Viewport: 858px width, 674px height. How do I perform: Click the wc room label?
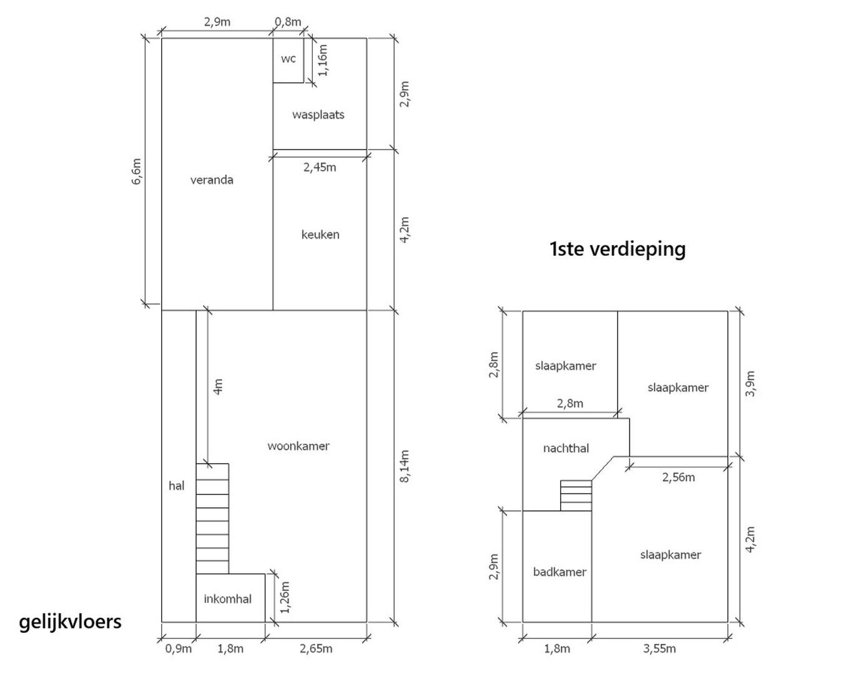coord(288,59)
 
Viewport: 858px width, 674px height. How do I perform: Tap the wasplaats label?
coord(318,115)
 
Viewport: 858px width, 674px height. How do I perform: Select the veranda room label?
coord(212,180)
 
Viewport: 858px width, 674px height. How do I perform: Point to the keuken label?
coord(320,235)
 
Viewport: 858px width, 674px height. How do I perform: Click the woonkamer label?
coord(298,446)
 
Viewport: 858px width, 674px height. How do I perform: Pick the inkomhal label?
coord(227,599)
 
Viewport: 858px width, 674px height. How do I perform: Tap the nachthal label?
coord(566,448)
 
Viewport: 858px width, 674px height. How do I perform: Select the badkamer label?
coord(560,572)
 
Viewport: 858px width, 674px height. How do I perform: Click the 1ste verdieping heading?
coord(618,250)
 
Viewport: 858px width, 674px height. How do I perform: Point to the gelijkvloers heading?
coord(71,622)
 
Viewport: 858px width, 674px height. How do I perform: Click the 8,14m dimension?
coord(405,466)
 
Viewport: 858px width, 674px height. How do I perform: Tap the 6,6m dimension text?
coord(137,172)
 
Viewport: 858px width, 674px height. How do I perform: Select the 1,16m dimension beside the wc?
coord(323,60)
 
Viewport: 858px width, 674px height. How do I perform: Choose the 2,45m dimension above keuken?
coord(320,168)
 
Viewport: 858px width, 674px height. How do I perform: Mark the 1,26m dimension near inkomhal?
coord(285,597)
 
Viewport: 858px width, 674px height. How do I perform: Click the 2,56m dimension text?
coord(678,477)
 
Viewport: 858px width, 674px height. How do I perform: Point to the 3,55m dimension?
coord(659,649)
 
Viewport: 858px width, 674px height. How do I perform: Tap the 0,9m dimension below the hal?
coord(179,649)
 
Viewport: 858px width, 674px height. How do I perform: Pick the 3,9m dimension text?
coord(751,384)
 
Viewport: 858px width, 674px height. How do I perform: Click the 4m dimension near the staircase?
coord(219,387)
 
